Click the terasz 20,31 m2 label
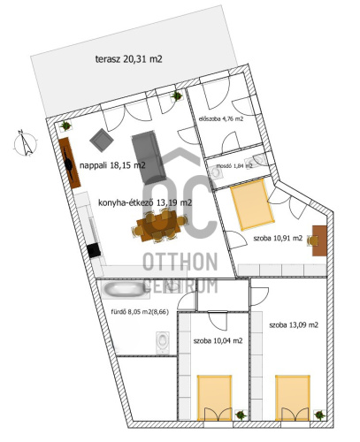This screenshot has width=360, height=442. click(129, 59)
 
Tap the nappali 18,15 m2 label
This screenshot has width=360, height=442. click(112, 165)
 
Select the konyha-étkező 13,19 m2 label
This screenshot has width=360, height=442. click(145, 202)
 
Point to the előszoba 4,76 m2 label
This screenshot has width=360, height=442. click(221, 119)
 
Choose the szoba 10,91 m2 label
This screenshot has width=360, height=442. click(278, 238)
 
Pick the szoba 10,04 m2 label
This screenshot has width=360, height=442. click(218, 340)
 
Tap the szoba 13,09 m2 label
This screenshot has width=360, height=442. click(294, 325)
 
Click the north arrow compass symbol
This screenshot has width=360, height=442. click(26, 143)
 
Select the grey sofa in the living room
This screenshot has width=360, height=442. click(149, 157)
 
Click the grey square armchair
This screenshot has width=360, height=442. click(102, 140)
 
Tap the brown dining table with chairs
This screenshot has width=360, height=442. click(159, 225)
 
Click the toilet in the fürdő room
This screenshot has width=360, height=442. click(163, 342)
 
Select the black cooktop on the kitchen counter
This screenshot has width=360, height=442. click(94, 250)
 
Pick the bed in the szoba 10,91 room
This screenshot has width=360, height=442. click(252, 204)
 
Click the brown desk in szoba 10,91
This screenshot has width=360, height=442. click(319, 240)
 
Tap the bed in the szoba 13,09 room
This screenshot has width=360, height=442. click(293, 398)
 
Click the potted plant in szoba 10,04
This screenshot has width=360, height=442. click(241, 415)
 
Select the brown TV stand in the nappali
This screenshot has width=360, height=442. click(69, 163)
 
